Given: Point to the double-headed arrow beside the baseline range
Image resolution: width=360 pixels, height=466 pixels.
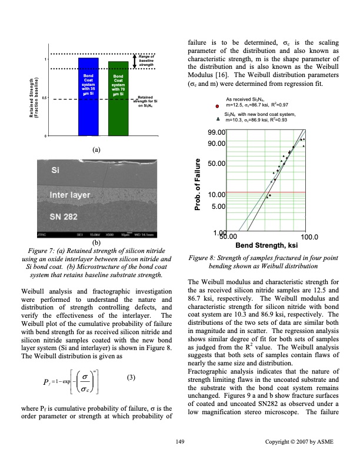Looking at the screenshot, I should pos(135,61).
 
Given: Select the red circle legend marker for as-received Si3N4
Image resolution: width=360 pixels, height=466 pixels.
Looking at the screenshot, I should pos(218,105).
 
